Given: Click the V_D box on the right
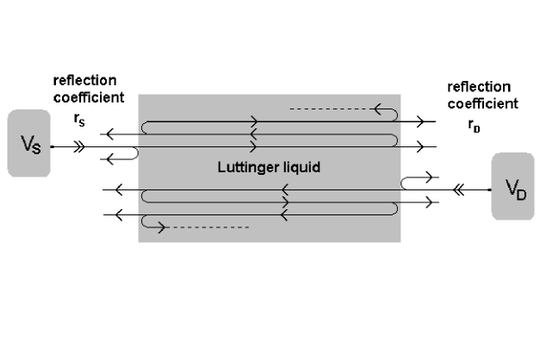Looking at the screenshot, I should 513,188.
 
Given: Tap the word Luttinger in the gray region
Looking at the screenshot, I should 243,168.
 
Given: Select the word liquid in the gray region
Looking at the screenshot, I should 301,168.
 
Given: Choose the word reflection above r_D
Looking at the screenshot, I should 480,87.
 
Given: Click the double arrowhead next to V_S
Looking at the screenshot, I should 80,147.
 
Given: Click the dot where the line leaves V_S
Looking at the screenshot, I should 52,147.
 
